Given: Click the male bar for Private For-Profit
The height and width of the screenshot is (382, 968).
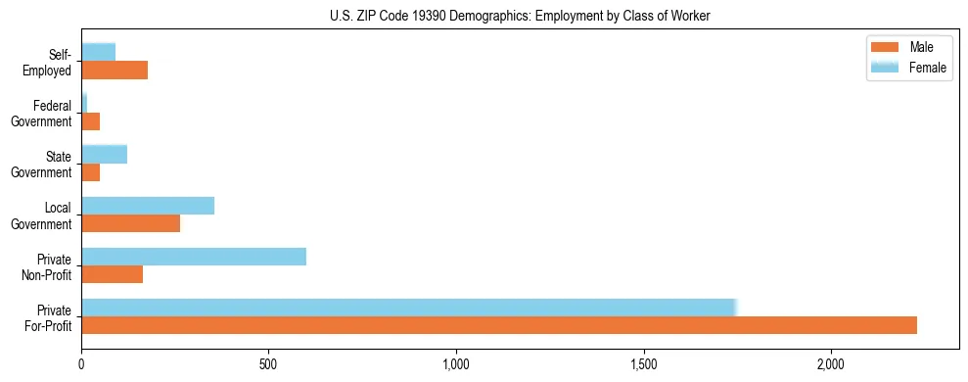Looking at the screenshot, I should pyautogui.click(x=499, y=326).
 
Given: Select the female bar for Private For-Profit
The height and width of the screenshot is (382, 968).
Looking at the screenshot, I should pyautogui.click(x=408, y=308).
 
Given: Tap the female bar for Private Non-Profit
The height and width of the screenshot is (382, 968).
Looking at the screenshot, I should pyautogui.click(x=194, y=257).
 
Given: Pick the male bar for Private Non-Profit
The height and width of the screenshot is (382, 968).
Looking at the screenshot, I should pyautogui.click(x=113, y=274).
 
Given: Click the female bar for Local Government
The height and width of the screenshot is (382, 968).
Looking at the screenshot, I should pyautogui.click(x=148, y=206).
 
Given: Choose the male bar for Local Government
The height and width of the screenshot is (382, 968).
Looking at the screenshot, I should pyautogui.click(x=131, y=223).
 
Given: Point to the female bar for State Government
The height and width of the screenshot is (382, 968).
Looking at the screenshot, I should pyautogui.click(x=105, y=155).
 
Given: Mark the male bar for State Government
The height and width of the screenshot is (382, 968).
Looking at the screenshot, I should pyautogui.click(x=91, y=172).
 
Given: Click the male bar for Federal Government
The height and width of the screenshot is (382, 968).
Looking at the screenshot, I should pyautogui.click(x=91, y=121).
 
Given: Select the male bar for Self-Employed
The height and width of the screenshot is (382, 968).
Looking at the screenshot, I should pyautogui.click(x=115, y=71).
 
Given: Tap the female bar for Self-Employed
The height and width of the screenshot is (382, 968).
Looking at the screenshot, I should pyautogui.click(x=99, y=52).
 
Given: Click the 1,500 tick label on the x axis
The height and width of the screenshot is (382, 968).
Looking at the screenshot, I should pyautogui.click(x=644, y=364).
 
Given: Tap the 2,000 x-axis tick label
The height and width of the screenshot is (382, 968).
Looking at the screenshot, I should pyautogui.click(x=831, y=364).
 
